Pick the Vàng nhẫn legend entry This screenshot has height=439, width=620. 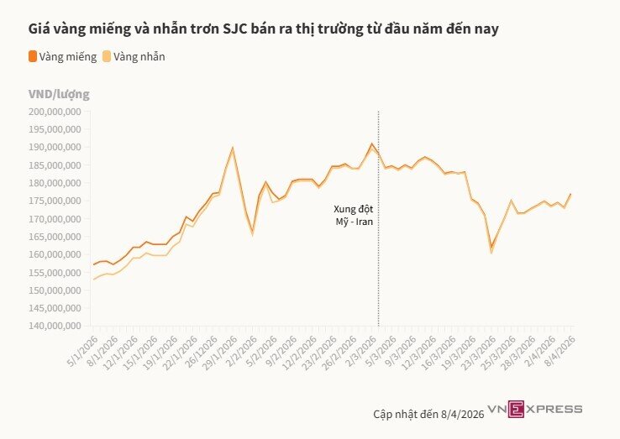pos(139,56)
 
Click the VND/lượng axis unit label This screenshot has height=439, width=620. pos(59,94)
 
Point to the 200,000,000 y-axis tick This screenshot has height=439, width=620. pos(54,111)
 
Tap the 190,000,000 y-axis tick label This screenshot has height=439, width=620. pos(54,147)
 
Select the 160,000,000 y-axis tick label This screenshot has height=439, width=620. pos(54,254)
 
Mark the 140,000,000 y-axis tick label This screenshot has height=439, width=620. pos(54,326)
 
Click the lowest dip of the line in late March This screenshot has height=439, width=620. pos(491,248)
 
